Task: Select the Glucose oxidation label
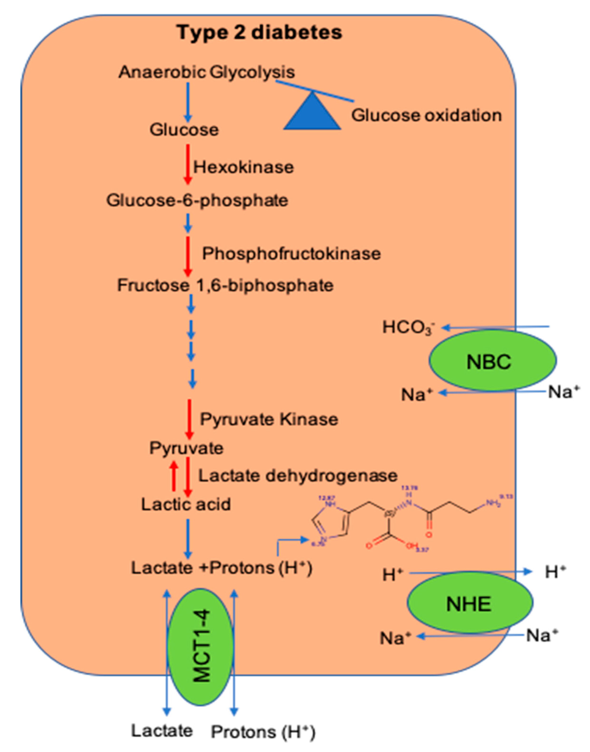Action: coord(426,115)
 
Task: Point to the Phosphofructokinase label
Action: coord(291,254)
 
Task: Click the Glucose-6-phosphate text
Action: coord(197,200)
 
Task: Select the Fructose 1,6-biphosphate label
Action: coord(225,285)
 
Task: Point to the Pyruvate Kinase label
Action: coord(269,419)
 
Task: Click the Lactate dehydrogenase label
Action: coord(298,476)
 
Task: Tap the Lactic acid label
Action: coord(186,504)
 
